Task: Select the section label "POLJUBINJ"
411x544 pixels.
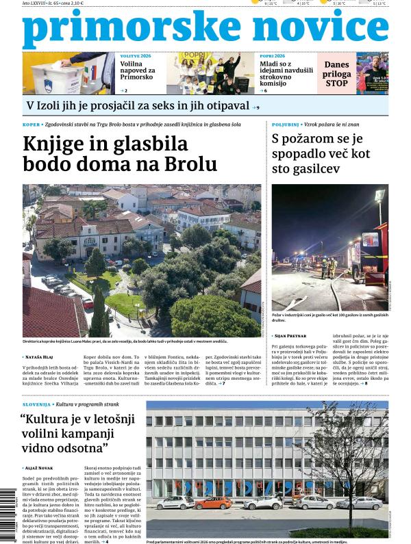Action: (286, 125)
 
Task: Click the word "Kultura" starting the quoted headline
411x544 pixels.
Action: (54, 419)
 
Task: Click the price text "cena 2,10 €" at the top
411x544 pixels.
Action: (68, 3)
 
